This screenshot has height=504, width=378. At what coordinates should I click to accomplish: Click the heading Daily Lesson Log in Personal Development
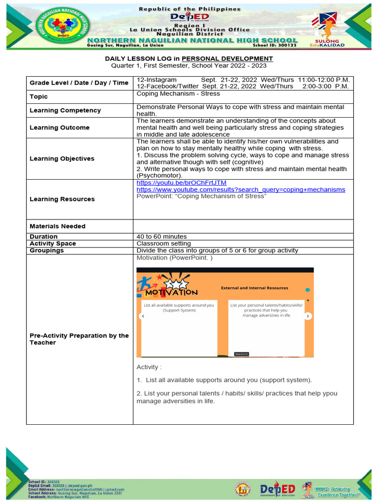click(x=189, y=59)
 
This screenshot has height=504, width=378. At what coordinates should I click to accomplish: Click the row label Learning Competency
click(x=65, y=110)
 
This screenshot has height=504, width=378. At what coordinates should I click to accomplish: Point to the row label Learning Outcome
click(x=60, y=127)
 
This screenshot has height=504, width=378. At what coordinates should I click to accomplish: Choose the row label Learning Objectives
click(x=62, y=158)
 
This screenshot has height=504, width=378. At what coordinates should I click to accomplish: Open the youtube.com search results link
click(x=241, y=189)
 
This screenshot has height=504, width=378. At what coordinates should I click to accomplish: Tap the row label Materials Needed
click(x=58, y=226)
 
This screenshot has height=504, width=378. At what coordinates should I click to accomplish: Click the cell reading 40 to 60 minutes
click(x=161, y=237)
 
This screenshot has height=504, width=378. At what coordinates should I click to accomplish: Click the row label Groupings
click(x=47, y=251)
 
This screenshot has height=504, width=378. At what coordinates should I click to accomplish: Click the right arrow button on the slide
click(x=308, y=316)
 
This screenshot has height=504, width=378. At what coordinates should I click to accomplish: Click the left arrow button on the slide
click(x=142, y=316)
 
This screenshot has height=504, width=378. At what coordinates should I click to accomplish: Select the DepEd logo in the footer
click(x=277, y=490)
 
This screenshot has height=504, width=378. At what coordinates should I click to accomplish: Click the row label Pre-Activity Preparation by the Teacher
click(x=79, y=339)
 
